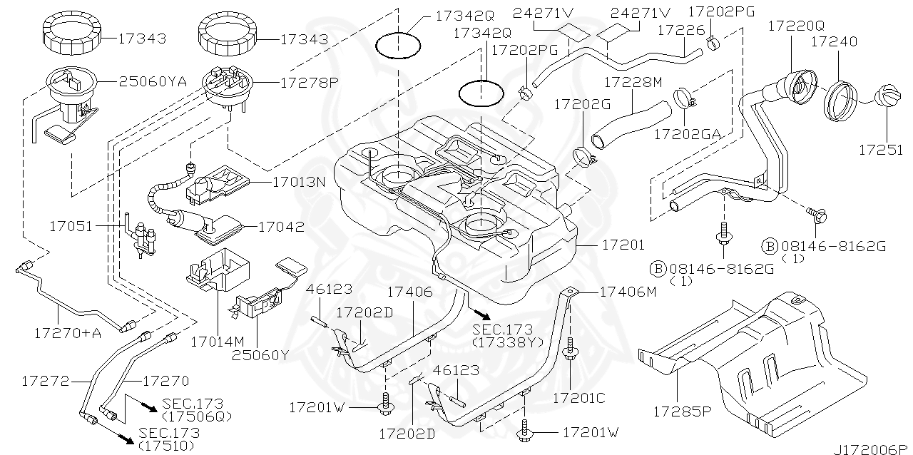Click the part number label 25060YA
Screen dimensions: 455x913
(152, 82)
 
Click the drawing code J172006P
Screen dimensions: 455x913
(874, 447)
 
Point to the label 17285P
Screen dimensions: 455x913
(680, 412)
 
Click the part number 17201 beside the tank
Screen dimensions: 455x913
(623, 245)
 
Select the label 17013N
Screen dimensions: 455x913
(298, 182)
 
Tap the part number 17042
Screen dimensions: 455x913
(281, 227)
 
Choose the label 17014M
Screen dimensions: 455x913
(217, 341)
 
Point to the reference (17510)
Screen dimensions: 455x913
(168, 446)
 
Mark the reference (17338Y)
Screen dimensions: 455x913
(507, 342)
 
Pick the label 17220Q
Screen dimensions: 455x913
(796, 26)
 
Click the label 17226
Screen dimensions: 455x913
(679, 29)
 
